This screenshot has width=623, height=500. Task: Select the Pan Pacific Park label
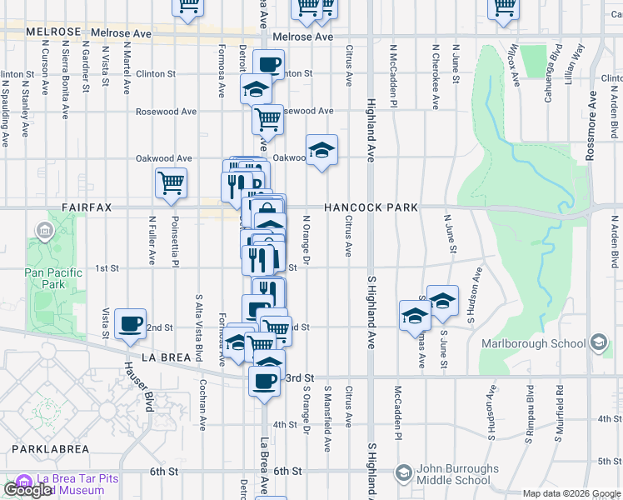tap(53, 278)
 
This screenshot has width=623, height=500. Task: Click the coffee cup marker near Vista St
tap(130, 323)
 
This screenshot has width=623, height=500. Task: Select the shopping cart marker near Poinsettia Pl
tap(171, 182)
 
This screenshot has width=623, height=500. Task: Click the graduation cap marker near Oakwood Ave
tap(321, 150)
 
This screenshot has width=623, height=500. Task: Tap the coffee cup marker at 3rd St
tap(265, 380)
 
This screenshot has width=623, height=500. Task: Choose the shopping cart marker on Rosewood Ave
tap(267, 118)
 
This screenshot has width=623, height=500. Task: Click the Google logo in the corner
tap(27, 490)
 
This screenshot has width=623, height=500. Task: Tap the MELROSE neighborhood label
tap(54, 32)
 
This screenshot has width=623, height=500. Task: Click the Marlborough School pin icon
tap(598, 342)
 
